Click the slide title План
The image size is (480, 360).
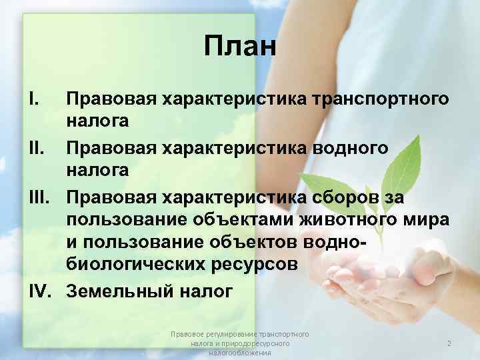[x=239, y=47]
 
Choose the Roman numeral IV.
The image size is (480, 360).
[x=40, y=291]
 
